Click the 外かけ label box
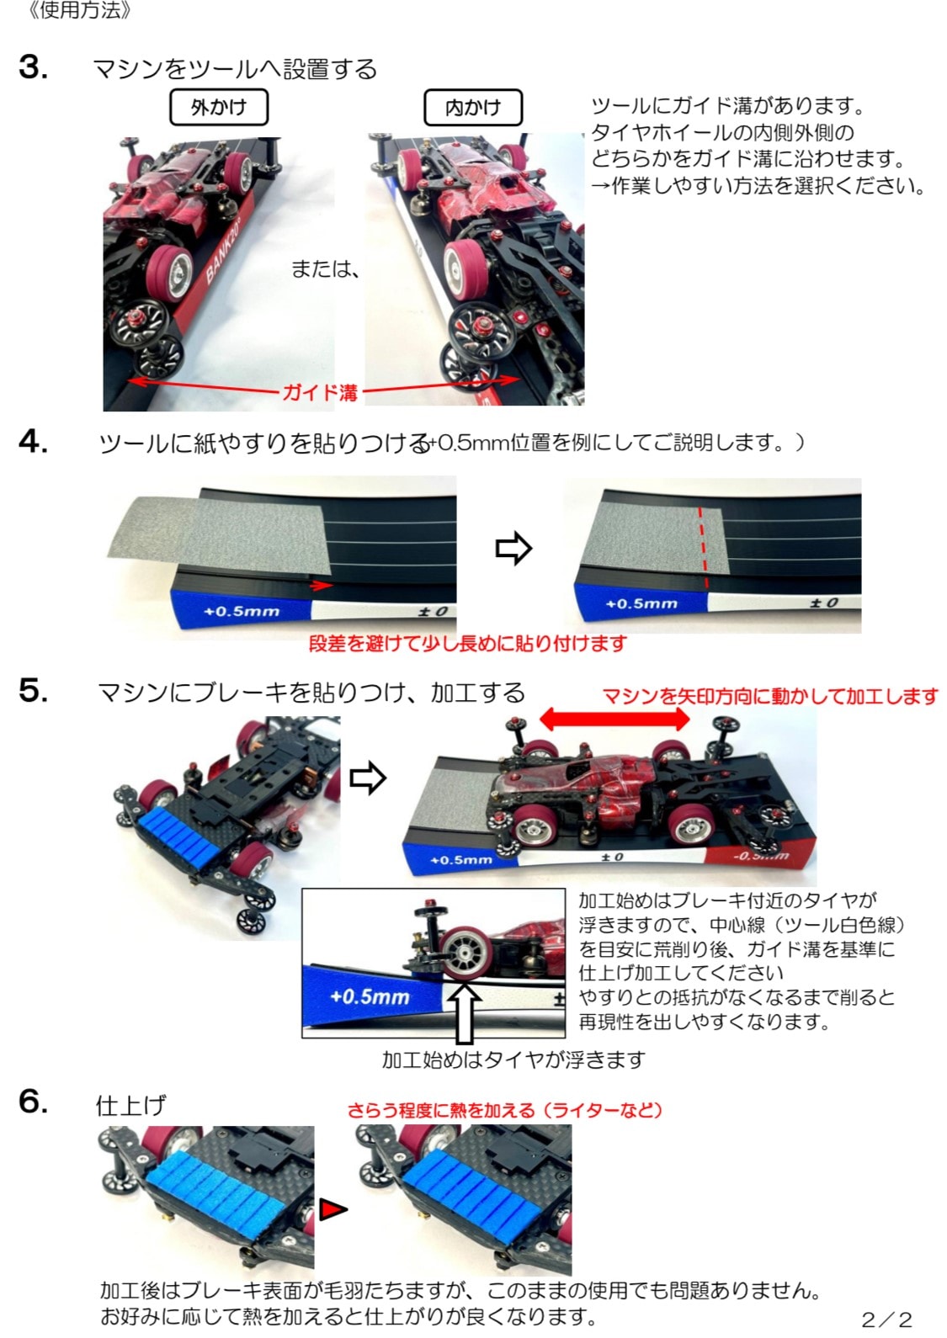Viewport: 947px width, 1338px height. [219, 108]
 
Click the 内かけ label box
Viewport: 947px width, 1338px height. [473, 108]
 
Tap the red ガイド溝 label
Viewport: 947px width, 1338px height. [320, 392]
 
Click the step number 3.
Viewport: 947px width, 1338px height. [34, 67]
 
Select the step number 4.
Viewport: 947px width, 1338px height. [34, 442]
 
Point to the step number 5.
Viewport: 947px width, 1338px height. [34, 691]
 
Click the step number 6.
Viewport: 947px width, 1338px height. [34, 1101]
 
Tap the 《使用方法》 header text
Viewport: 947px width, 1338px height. [80, 10]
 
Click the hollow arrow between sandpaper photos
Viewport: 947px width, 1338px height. [513, 548]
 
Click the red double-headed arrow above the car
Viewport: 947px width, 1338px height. [614, 719]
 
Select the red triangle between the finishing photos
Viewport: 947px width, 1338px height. [333, 1209]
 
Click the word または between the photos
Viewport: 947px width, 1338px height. [326, 269]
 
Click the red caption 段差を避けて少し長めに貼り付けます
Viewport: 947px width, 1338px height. [468, 643]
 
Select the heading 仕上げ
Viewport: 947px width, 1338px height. [130, 1105]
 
